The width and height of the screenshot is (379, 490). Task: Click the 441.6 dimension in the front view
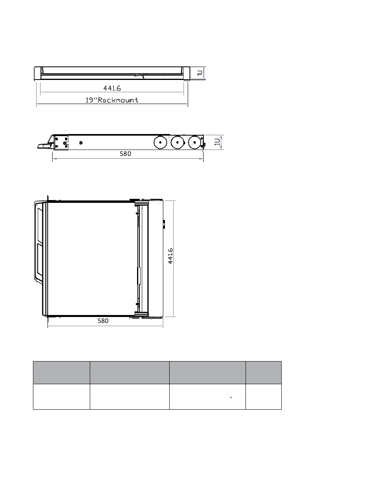pyautogui.click(x=112, y=89)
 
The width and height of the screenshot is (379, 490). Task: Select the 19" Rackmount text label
pyautogui.click(x=112, y=100)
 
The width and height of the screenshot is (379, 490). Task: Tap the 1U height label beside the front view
pyautogui.click(x=200, y=73)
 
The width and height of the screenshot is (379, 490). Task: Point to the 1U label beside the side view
pyautogui.click(x=217, y=142)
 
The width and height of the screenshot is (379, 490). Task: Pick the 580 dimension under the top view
pyautogui.click(x=103, y=321)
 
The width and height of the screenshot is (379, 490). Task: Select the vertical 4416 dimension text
pyautogui.click(x=170, y=256)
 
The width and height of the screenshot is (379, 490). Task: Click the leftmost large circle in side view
pyautogui.click(x=160, y=142)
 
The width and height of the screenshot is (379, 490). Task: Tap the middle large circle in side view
pyautogui.click(x=177, y=142)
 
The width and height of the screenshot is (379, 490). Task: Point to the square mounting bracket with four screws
pyautogui.click(x=61, y=142)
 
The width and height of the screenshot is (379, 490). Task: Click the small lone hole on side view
pyautogui.click(x=81, y=142)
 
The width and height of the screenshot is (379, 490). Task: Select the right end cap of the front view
pyautogui.click(x=186, y=73)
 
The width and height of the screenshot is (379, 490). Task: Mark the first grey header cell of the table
pyautogui.click(x=61, y=372)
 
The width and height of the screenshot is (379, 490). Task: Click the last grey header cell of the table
pyautogui.click(x=263, y=372)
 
